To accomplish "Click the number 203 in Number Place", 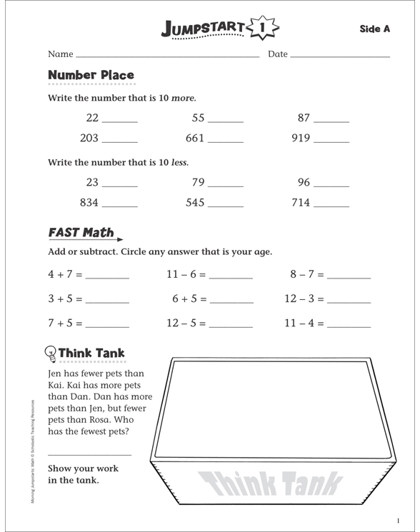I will point(89,139).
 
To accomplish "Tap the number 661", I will point(195,139).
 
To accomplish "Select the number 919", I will point(301,139).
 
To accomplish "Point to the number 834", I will point(89,203).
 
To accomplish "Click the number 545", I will point(195,203).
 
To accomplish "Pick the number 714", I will point(301,203).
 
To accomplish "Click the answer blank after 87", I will point(331,121).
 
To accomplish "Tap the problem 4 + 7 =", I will point(66,273).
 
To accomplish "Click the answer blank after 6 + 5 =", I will point(231,301).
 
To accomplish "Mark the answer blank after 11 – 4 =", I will point(349,326).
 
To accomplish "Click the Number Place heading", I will point(90,75).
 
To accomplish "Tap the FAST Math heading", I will point(81,232).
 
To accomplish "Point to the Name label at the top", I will point(61,54).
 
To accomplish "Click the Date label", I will point(278,54).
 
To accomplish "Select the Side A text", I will point(374,29).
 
